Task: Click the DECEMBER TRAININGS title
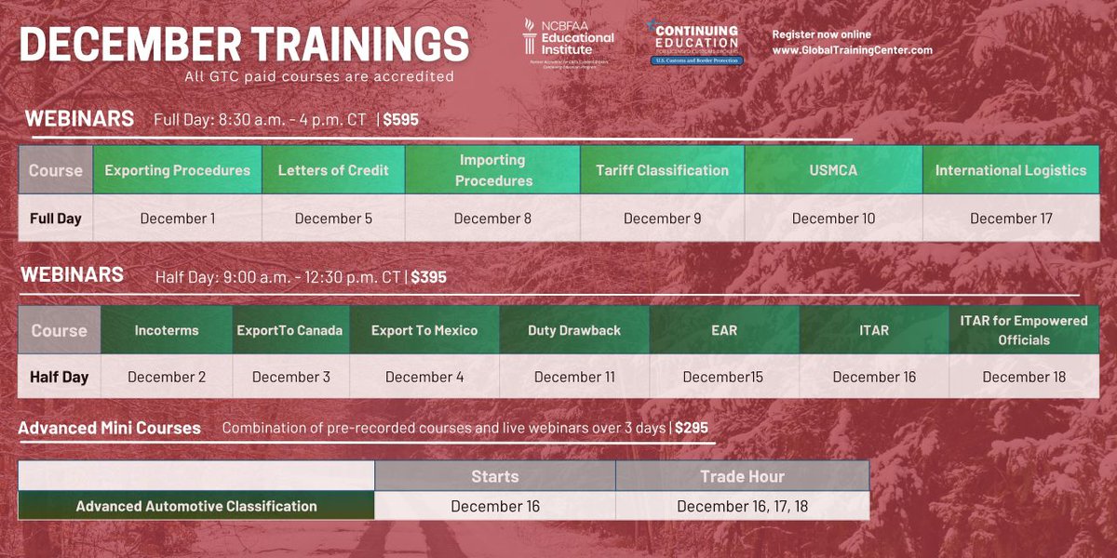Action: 244,45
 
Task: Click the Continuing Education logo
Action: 695,43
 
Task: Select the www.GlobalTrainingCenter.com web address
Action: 852,50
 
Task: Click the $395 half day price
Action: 430,277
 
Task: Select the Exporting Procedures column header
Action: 177,170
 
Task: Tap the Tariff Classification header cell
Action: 662,170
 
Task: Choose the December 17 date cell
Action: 1010,219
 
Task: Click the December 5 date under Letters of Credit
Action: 333,219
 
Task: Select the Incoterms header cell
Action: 166,330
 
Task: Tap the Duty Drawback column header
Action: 574,330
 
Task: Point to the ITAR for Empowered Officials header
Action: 1023,330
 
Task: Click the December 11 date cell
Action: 574,377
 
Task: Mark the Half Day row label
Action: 59,377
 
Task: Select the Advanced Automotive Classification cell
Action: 196,506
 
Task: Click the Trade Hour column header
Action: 742,476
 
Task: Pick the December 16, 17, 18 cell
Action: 742,506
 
